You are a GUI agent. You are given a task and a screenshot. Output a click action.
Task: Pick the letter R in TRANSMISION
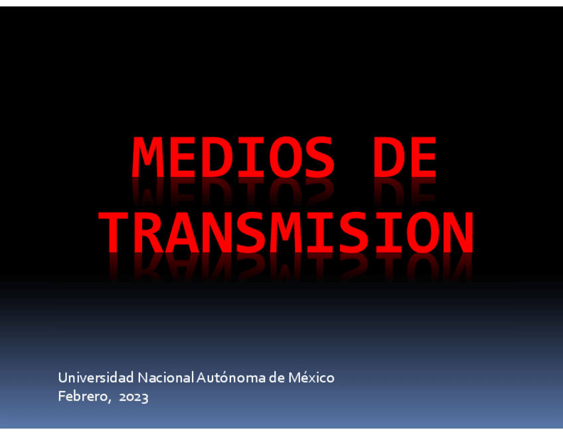coord(154,232)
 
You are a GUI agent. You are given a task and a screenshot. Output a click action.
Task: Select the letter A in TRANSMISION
coord(188,232)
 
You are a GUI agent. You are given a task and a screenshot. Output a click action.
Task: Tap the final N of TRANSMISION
coord(457,232)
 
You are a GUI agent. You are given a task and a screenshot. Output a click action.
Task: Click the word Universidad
coord(96,378)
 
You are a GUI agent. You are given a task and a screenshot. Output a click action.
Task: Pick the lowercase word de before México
coord(277,378)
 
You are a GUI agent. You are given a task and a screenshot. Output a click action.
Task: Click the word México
coord(311,378)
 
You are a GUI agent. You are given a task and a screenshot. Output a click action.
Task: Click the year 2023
coord(133,397)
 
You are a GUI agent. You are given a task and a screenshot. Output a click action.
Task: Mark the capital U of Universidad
coord(63,378)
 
